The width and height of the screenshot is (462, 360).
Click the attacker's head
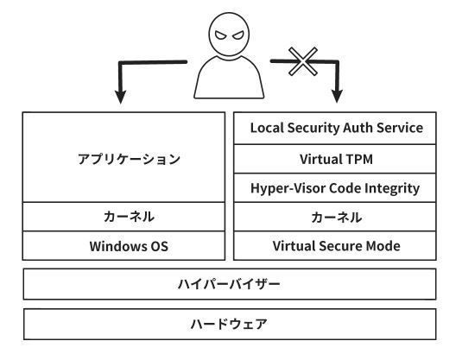click(229, 35)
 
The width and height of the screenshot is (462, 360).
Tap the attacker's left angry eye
click(221, 35)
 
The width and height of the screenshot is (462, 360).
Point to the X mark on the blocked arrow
click(303, 61)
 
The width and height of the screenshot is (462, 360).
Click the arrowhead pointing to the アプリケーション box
click(121, 97)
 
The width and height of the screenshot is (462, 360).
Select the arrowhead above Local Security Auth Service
click(337, 97)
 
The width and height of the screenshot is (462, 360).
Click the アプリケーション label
click(129, 159)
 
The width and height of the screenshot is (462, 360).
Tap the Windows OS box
click(123, 246)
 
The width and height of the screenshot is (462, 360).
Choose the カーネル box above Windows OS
click(123, 217)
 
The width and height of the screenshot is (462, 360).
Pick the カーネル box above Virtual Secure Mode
click(335, 217)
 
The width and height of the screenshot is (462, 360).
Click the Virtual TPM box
click(335, 159)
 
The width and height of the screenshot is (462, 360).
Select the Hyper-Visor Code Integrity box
click(335, 187)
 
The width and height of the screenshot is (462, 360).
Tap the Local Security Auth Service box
click(335, 128)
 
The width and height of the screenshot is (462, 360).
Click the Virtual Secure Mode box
click(335, 246)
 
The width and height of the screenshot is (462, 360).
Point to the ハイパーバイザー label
click(229, 284)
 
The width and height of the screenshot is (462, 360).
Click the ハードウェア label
click(229, 324)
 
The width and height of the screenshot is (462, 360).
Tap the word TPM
click(359, 159)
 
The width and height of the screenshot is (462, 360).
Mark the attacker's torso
click(229, 79)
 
